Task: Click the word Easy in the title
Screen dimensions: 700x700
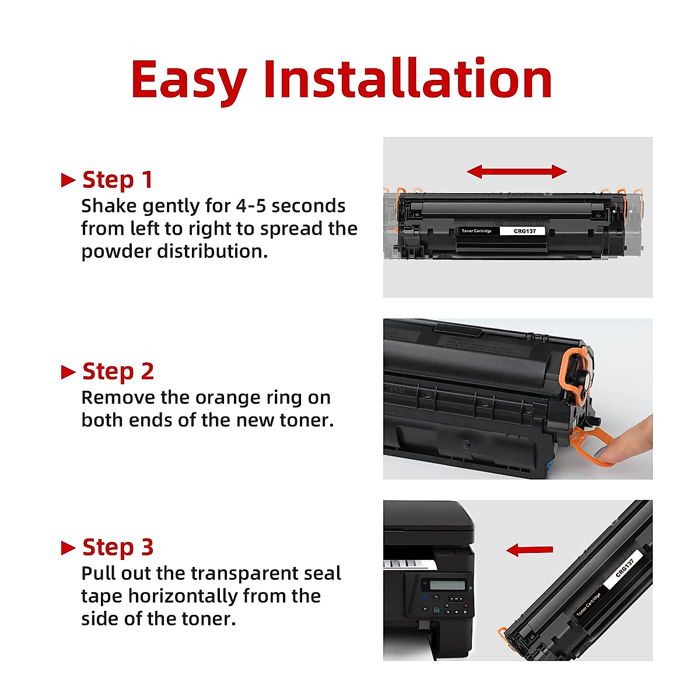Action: (188, 80)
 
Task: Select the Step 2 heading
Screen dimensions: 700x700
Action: (118, 371)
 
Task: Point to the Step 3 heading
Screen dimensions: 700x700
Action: (118, 547)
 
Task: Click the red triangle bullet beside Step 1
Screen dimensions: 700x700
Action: (68, 180)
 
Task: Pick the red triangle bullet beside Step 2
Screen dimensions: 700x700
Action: (68, 372)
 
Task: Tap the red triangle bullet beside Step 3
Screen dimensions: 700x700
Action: (68, 548)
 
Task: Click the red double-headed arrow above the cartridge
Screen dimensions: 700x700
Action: (517, 171)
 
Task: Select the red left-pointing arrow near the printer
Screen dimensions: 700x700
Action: (529, 549)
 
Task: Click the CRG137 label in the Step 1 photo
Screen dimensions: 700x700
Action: (524, 231)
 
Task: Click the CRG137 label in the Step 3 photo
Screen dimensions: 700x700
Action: (625, 566)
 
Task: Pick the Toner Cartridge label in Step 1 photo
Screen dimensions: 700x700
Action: (477, 231)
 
